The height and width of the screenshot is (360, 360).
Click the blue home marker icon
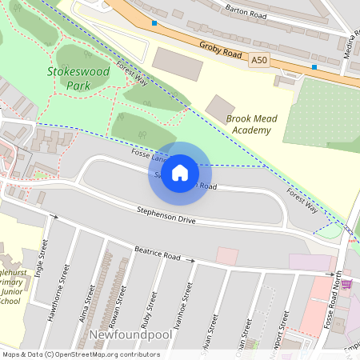(180, 173)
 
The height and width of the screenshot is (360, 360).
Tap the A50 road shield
(258, 59)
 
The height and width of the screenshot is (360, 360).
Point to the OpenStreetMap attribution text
(80, 354)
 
